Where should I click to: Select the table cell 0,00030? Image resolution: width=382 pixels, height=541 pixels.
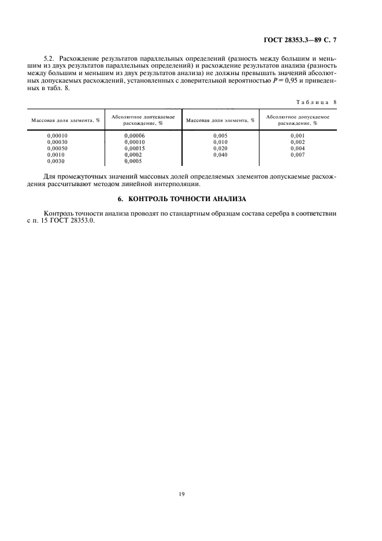pos(57,142)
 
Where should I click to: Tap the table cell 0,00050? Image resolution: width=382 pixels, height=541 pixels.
pos(57,149)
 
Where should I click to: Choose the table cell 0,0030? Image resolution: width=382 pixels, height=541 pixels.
pos(55,162)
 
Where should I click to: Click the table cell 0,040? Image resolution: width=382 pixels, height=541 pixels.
pos(221,155)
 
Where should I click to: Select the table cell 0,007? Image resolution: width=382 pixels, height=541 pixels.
pos(297,155)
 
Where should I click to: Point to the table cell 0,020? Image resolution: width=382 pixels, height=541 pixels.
pos(221,149)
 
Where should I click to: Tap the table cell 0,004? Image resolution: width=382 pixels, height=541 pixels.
pos(297,149)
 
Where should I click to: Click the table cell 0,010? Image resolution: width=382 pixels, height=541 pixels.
pos(221,142)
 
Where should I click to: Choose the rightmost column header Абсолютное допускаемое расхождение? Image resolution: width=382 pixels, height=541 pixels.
pos(298,120)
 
